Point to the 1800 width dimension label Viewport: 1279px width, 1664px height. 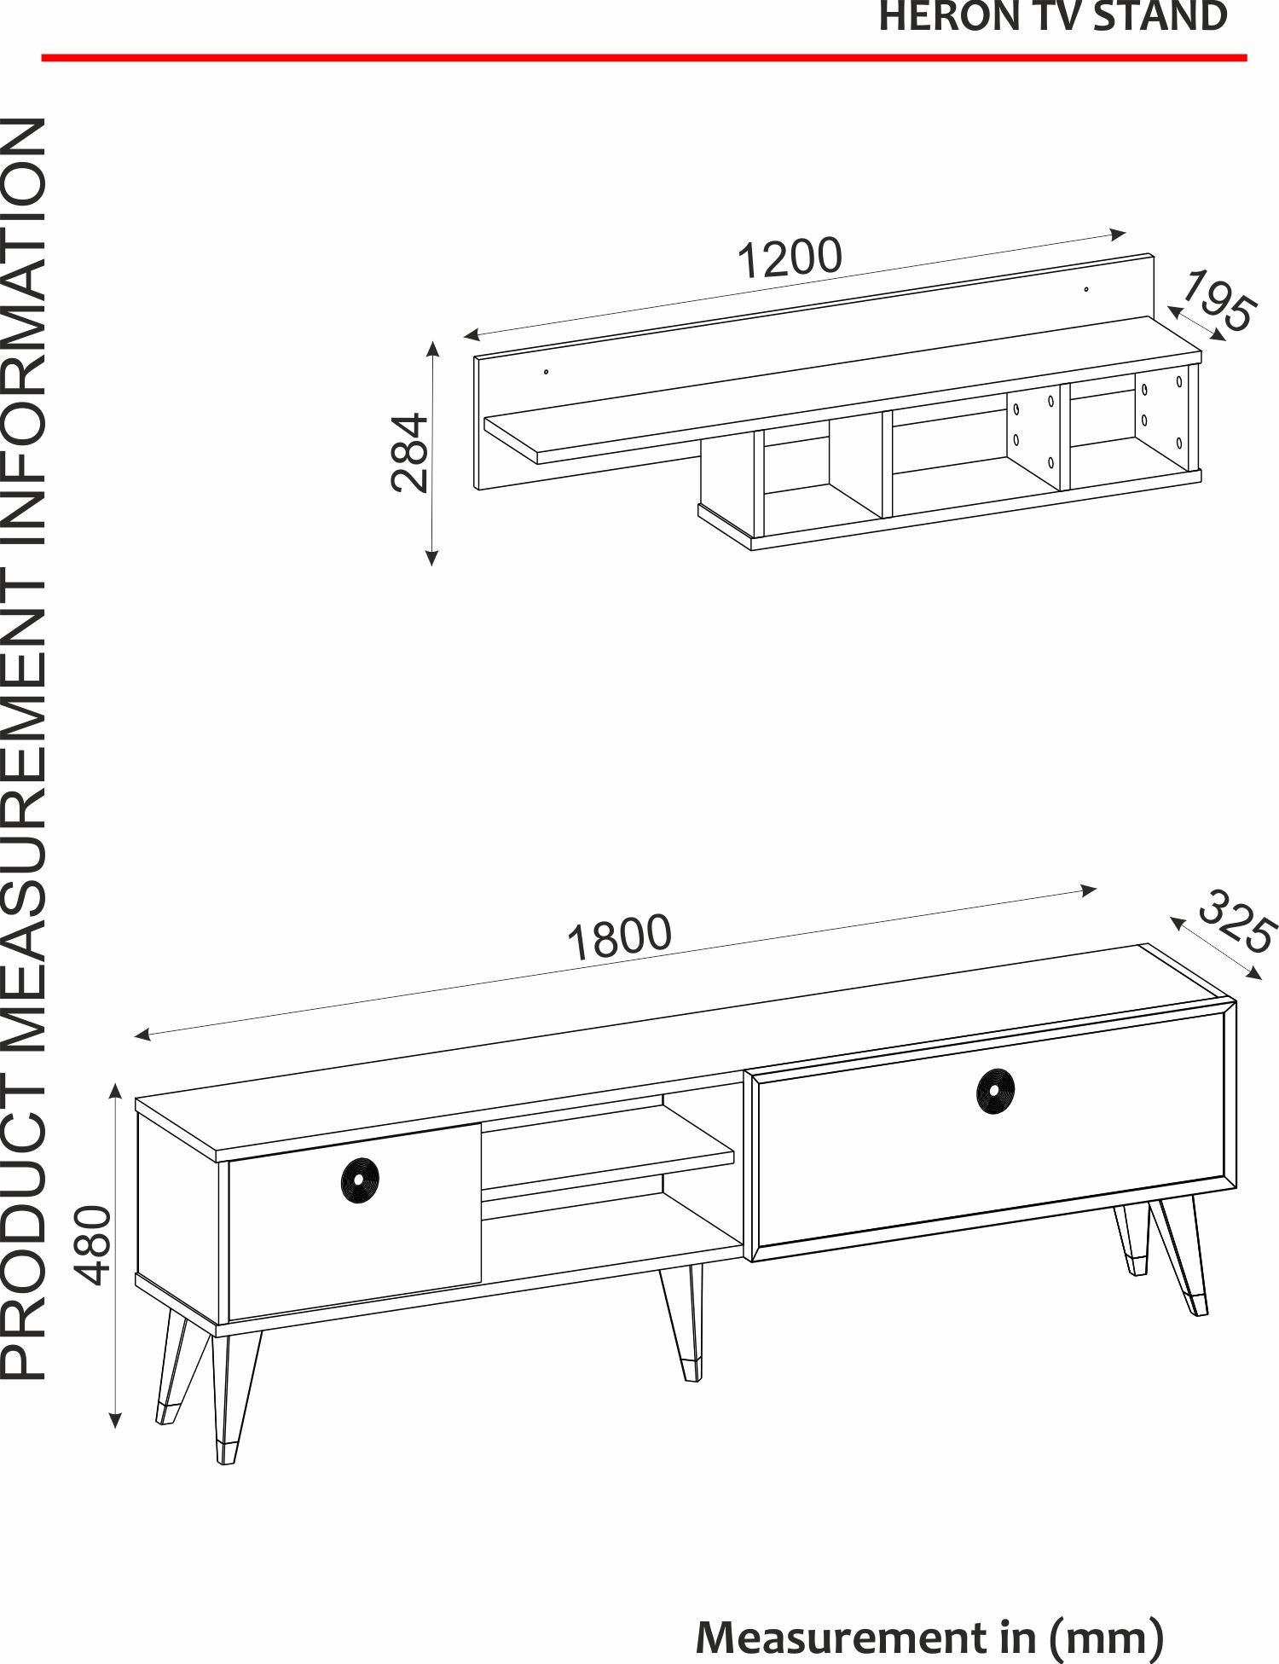(620, 937)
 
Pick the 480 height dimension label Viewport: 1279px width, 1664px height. (93, 1244)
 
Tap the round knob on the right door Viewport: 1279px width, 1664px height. (995, 1089)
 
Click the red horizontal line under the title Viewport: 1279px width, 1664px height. (644, 58)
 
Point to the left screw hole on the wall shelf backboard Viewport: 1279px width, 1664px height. (546, 371)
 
